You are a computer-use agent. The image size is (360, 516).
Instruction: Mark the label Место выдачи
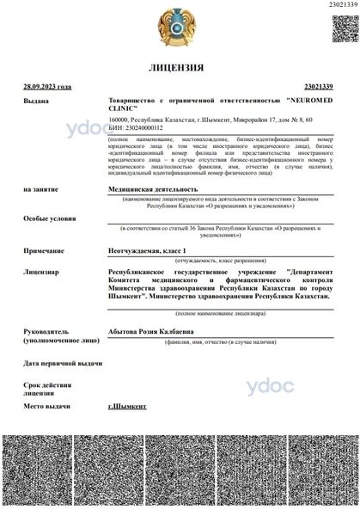46,404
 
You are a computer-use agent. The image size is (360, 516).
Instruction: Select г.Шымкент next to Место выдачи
127,404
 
